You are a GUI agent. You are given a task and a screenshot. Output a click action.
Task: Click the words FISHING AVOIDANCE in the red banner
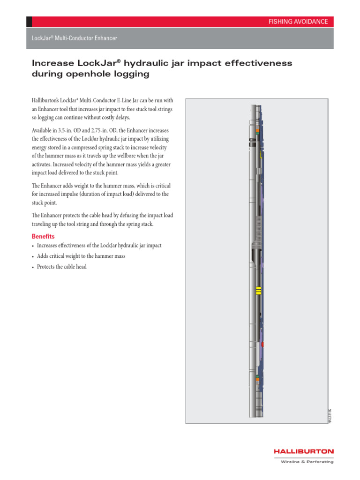[x=298, y=22]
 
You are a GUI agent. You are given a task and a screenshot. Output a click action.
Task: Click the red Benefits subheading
[x=43, y=236]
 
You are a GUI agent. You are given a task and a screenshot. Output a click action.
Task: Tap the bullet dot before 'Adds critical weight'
[x=33, y=257]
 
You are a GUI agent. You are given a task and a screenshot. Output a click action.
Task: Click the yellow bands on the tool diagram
[x=258, y=291]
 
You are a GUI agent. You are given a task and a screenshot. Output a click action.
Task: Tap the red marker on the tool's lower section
[x=262, y=344]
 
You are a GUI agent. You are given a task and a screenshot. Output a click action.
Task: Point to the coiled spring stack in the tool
[x=256, y=234]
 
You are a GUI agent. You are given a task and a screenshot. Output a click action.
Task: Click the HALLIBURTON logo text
[x=304, y=451]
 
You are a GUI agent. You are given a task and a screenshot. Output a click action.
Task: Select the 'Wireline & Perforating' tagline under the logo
[x=307, y=462]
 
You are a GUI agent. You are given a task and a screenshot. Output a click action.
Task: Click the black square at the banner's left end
[x=29, y=22]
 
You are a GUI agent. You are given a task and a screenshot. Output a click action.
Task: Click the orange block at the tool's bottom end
[x=257, y=376]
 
